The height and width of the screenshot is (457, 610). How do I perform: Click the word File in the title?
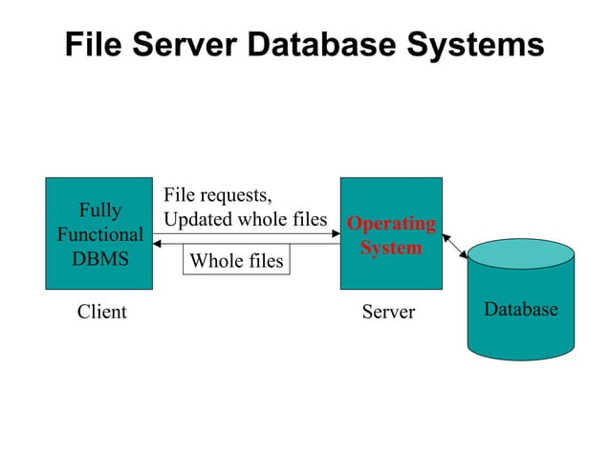point(96,44)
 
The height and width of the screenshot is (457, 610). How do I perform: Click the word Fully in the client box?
point(99,210)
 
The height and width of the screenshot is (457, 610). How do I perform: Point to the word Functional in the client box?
point(99,234)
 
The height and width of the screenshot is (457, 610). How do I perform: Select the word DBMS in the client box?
point(99,258)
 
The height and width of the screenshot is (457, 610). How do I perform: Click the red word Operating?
point(391,224)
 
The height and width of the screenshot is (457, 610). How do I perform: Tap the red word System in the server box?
point(391,248)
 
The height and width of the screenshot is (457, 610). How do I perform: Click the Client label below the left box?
point(101,312)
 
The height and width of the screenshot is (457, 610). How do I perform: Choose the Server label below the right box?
point(388,312)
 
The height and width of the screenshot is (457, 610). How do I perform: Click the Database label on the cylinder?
point(520,309)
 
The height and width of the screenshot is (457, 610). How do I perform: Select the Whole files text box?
point(236,260)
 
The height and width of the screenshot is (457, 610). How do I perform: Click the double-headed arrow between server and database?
point(455,245)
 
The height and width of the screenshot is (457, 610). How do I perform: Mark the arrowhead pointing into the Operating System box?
point(336,232)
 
